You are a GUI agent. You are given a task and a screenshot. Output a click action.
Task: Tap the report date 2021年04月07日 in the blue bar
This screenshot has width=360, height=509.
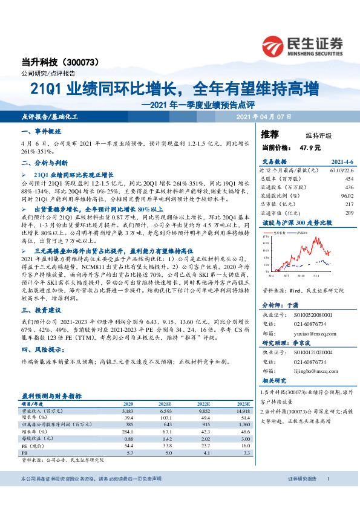pyautogui.click(x=264, y=116)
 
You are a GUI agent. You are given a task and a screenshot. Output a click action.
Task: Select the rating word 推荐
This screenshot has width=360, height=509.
pyautogui.click(x=269, y=134)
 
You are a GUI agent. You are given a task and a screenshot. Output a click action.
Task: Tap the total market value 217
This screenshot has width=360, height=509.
pyautogui.click(x=349, y=204)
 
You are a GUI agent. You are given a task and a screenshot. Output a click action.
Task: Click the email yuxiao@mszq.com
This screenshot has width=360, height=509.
pyautogui.click(x=315, y=332)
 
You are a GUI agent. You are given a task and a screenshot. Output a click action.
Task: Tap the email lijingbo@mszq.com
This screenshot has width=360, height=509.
pyautogui.click(x=316, y=373)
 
